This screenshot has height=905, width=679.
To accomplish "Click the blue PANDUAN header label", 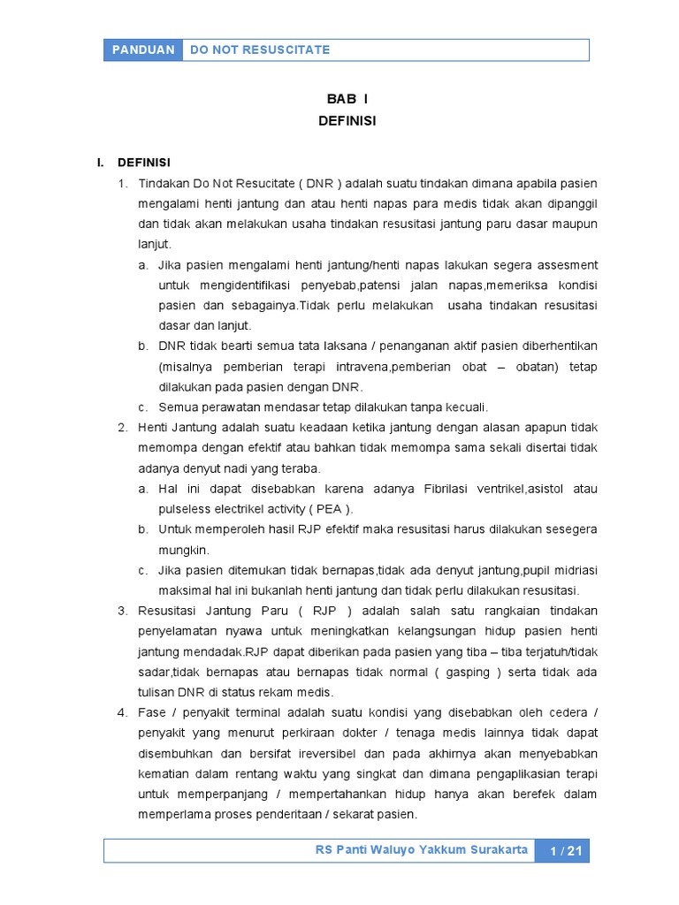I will [x=143, y=49].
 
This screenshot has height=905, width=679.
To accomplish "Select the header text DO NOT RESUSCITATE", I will [x=260, y=49].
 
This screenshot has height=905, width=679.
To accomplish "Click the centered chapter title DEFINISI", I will [x=347, y=121].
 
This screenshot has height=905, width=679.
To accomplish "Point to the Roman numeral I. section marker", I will [x=101, y=163].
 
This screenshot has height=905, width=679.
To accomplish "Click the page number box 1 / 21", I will [x=565, y=851].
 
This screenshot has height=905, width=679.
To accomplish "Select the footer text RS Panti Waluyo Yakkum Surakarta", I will [x=422, y=850].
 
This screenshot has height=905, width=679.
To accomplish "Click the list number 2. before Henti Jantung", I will [x=123, y=428].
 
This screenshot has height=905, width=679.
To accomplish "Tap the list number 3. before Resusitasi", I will [x=123, y=611].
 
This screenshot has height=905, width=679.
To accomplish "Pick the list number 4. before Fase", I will [x=123, y=712].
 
